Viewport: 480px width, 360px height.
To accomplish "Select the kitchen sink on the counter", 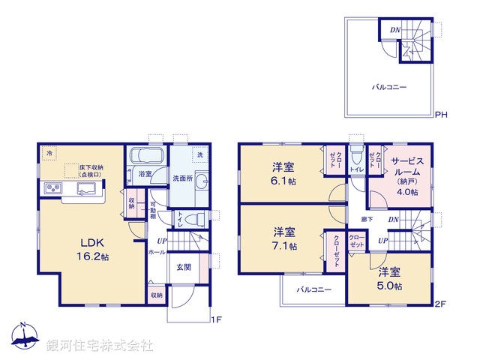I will point(84,188).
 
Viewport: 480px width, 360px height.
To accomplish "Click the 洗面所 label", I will point(183,179).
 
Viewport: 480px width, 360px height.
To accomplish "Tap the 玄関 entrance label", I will point(184,267).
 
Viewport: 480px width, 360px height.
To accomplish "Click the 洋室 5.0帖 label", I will point(390,278).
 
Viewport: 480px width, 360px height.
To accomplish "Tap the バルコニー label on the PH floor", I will point(390,88).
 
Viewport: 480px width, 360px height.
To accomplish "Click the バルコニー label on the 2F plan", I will point(313,289).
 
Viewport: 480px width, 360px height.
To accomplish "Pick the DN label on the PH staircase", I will point(394,31).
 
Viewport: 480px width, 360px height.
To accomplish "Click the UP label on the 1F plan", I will point(162,241).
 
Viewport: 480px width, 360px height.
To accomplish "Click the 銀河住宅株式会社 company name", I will point(99,346).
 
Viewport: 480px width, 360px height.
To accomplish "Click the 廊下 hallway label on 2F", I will point(367,220).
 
